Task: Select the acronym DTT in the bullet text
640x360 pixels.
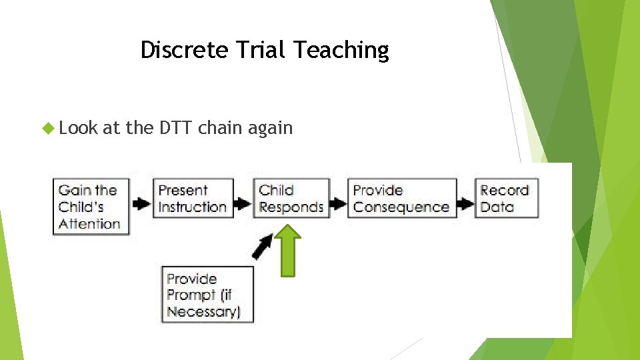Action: (x=176, y=127)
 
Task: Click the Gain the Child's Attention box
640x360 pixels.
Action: (x=91, y=207)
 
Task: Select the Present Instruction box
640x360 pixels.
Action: (x=193, y=199)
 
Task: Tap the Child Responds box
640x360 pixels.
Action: (x=291, y=199)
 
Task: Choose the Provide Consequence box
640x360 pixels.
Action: (x=401, y=199)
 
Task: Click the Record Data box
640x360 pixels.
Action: (x=505, y=199)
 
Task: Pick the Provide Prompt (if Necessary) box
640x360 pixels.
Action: (x=207, y=295)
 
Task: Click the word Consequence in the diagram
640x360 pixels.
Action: (x=401, y=207)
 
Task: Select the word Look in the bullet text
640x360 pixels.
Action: (x=79, y=128)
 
